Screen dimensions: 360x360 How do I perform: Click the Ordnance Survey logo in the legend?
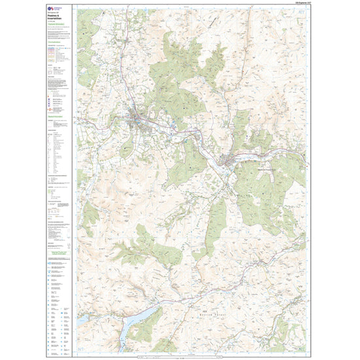(51, 14)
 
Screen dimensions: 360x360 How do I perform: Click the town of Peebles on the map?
(139, 118)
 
